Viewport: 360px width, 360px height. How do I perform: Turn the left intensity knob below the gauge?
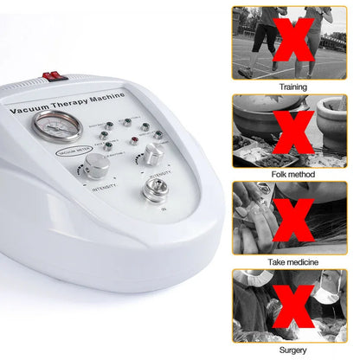click(x=96, y=164)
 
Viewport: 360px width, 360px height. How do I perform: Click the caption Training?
click(x=292, y=87)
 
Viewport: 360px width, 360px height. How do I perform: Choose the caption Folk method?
click(x=292, y=174)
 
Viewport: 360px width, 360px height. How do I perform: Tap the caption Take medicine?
click(x=292, y=261)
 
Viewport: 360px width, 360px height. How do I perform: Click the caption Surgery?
click(x=292, y=349)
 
